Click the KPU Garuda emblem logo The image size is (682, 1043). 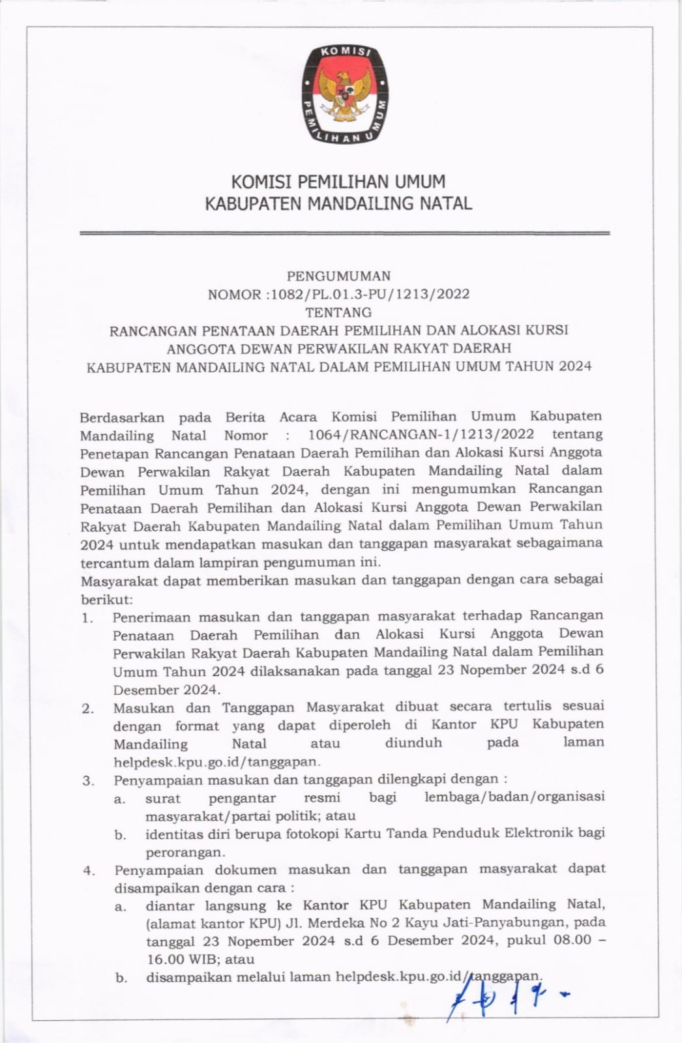pyautogui.click(x=344, y=94)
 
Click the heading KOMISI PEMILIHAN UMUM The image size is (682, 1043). pyautogui.click(x=338, y=181)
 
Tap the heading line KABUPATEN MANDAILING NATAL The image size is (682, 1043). pyautogui.click(x=338, y=203)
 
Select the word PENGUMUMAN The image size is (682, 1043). pyautogui.click(x=338, y=276)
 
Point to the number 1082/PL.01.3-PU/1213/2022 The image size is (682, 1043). pyautogui.click(x=370, y=294)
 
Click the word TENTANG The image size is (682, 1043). pyautogui.click(x=338, y=312)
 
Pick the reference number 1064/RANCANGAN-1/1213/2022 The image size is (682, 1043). pyautogui.click(x=421, y=434)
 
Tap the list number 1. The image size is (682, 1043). pyautogui.click(x=87, y=617)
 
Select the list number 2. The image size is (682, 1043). pyautogui.click(x=87, y=709)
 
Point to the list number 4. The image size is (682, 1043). pyautogui.click(x=89, y=870)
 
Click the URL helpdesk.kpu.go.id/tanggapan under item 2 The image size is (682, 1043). pyautogui.click(x=216, y=761)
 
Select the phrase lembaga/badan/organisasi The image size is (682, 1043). pyautogui.click(x=514, y=797)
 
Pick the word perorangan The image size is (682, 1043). pyautogui.click(x=185, y=853)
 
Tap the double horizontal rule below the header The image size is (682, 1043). pyautogui.click(x=344, y=233)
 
